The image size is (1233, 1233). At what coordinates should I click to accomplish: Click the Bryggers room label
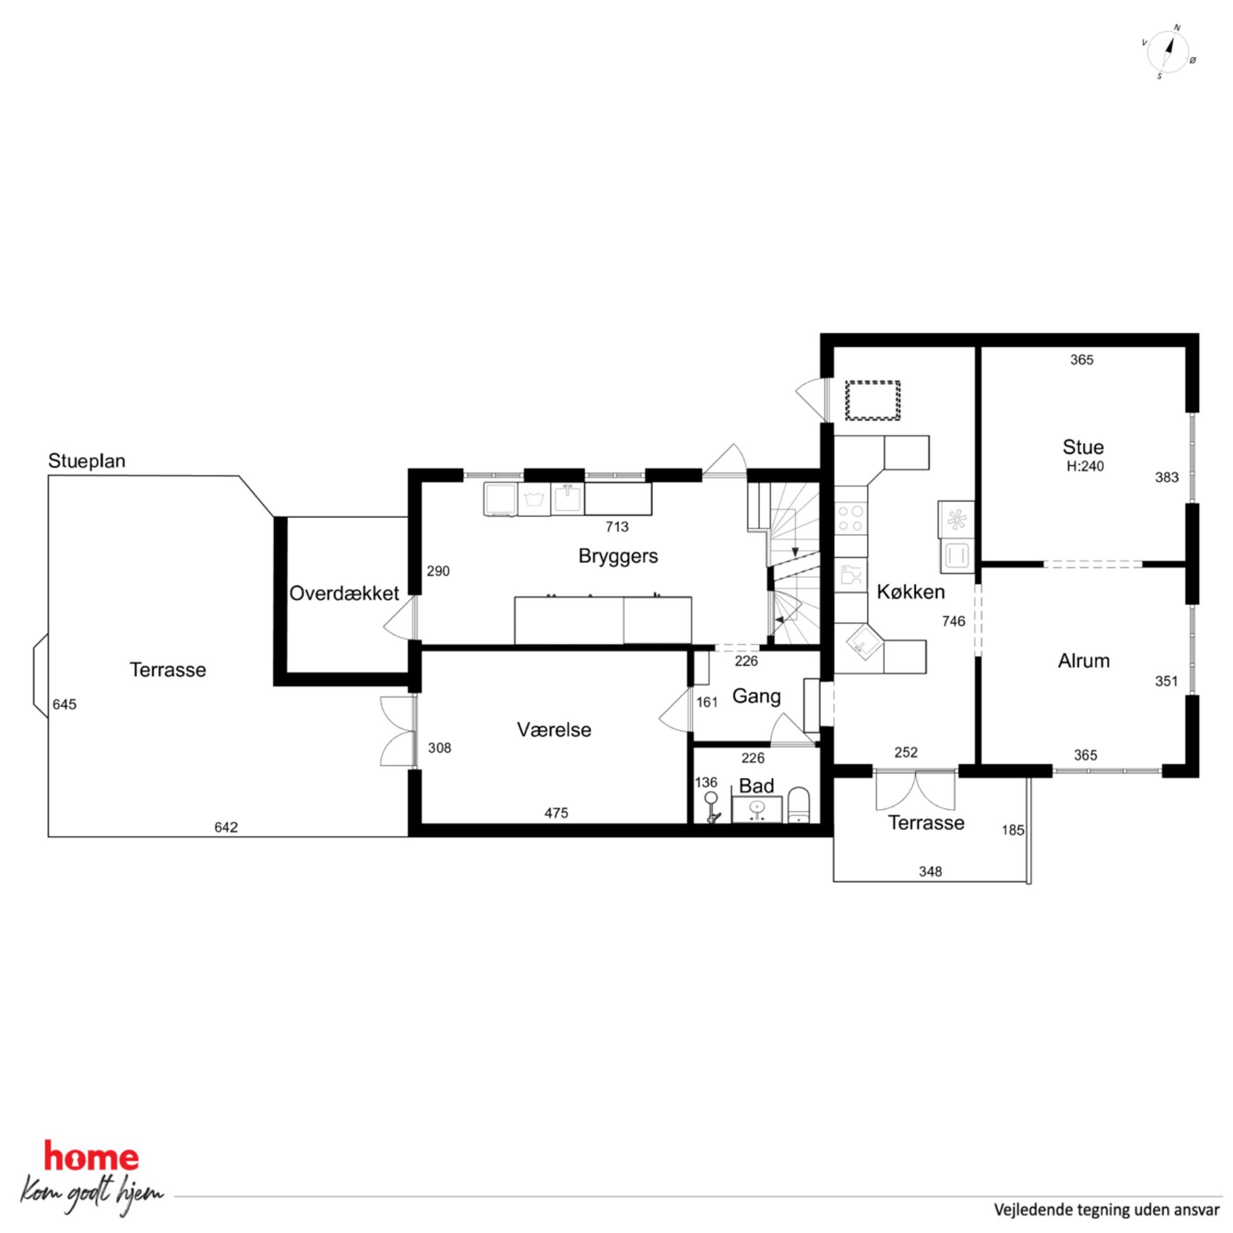pyautogui.click(x=618, y=556)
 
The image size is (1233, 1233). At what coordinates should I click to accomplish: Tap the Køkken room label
pyautogui.click(x=910, y=592)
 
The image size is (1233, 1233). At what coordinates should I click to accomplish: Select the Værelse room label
pyautogui.click(x=554, y=730)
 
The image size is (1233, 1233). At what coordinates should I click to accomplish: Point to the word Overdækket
pyautogui.click(x=344, y=593)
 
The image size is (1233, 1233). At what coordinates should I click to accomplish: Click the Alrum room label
pyautogui.click(x=1084, y=661)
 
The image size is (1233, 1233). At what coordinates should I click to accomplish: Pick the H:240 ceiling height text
pyautogui.click(x=1085, y=466)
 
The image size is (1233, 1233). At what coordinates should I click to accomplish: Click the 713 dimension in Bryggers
pyautogui.click(x=617, y=526)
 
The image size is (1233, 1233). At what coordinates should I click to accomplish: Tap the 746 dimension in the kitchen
pyautogui.click(x=953, y=621)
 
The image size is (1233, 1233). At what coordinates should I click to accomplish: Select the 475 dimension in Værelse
pyautogui.click(x=556, y=813)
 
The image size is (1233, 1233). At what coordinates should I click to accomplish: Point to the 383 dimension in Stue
pyautogui.click(x=1167, y=477)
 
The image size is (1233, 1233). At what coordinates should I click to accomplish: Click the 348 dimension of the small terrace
pyautogui.click(x=930, y=872)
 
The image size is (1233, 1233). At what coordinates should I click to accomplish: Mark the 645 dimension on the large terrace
pyautogui.click(x=65, y=705)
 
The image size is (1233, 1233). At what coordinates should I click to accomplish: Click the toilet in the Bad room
pyautogui.click(x=799, y=805)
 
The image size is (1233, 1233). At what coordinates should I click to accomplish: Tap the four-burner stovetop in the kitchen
pyautogui.click(x=851, y=518)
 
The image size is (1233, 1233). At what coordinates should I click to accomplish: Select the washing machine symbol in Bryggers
pyautogui.click(x=534, y=499)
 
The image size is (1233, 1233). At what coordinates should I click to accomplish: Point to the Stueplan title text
pyautogui.click(x=87, y=461)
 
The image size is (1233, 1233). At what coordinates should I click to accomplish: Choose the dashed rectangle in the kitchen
pyautogui.click(x=873, y=400)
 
